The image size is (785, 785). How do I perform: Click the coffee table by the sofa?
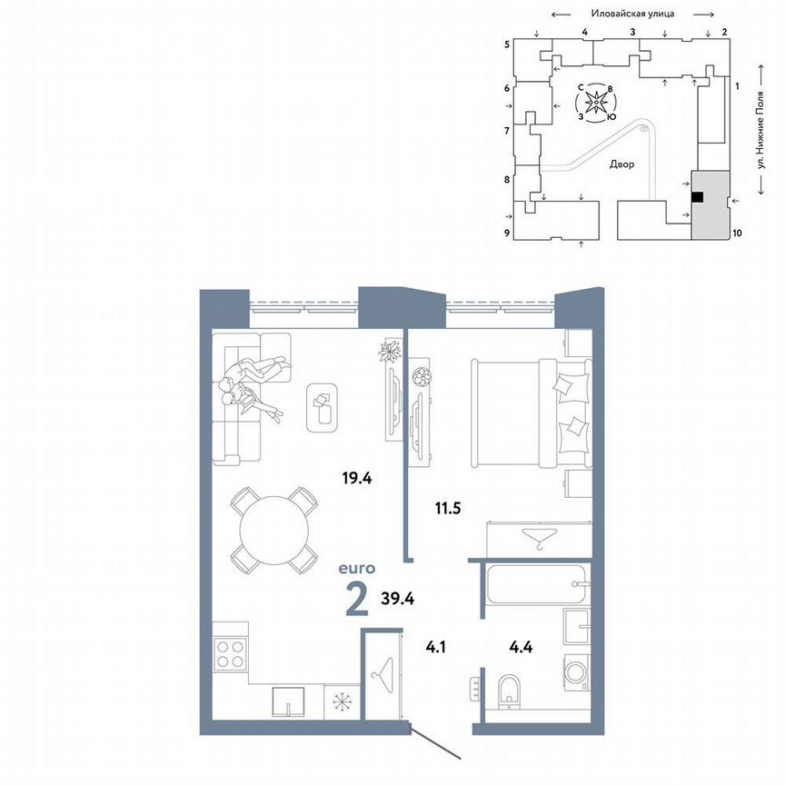[x=322, y=406]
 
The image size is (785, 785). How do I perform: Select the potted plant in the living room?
[x=392, y=351]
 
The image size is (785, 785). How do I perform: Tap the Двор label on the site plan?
[x=622, y=165]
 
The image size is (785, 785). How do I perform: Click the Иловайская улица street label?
[x=631, y=14]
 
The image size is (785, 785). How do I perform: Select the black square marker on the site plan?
[x=697, y=196]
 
